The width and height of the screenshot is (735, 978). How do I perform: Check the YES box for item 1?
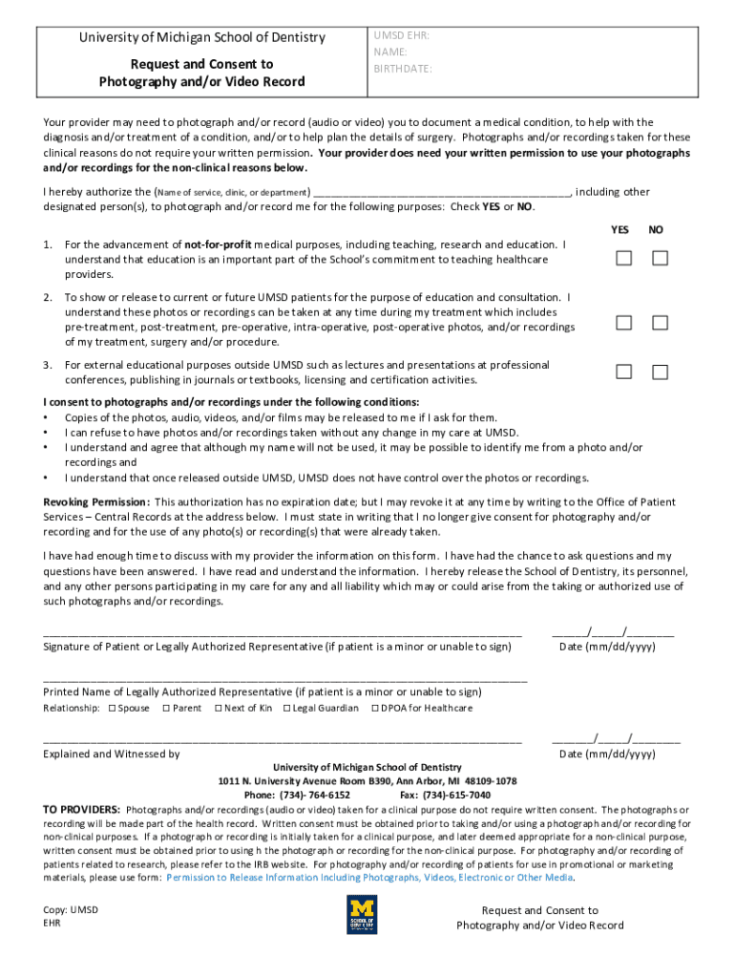623,259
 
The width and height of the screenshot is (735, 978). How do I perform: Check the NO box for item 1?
660,259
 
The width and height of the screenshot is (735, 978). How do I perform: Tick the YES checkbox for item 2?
623,323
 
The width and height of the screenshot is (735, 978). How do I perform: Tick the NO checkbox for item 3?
660,372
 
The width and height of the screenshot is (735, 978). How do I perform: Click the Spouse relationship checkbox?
112,708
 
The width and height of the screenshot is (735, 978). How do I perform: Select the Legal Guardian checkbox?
286,708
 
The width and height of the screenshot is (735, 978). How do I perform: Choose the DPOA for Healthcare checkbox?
375,708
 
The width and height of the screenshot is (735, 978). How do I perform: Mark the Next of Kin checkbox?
218,708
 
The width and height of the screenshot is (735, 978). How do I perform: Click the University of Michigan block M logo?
362,914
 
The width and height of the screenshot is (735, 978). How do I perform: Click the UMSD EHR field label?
401,35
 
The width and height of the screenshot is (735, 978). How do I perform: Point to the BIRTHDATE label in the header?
403,69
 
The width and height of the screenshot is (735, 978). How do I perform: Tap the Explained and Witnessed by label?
112,754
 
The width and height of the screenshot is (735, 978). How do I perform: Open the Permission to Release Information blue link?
369,877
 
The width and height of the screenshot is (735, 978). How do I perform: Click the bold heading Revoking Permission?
96,501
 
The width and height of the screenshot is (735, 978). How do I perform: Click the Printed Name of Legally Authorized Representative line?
284,679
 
